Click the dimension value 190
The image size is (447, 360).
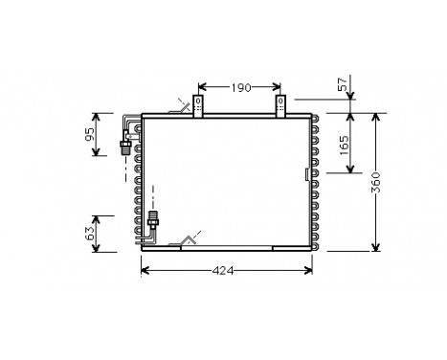point(240,88)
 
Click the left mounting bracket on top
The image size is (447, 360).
point(199,104)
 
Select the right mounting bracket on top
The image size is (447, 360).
point(281,104)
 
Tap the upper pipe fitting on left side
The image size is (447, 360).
point(123,146)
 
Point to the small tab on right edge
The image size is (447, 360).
point(305,175)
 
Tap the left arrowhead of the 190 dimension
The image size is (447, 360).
point(202,88)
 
